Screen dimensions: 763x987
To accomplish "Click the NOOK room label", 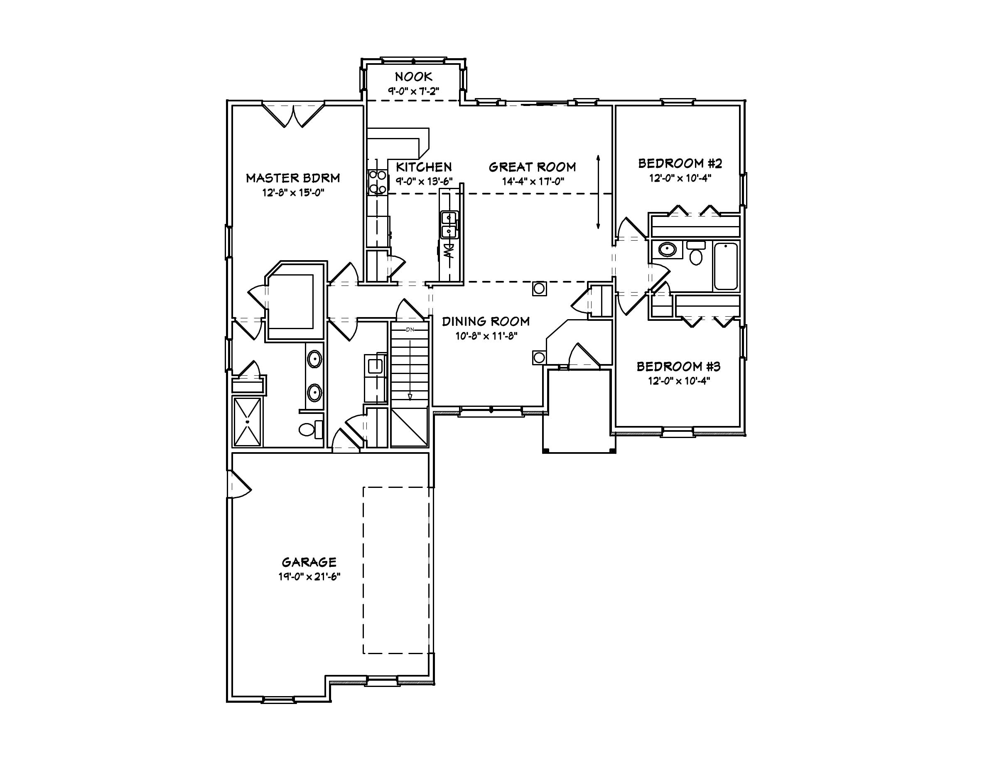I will pyautogui.click(x=413, y=77).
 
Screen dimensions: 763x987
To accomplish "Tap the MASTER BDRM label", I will pyautogui.click(x=293, y=178).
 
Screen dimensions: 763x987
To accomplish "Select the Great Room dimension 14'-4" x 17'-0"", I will pyautogui.click(x=533, y=182).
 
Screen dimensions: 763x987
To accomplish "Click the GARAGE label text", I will pyautogui.click(x=309, y=562).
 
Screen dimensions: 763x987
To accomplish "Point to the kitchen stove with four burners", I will pyautogui.click(x=377, y=182).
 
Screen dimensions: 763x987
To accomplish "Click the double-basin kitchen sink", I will pyautogui.click(x=449, y=225).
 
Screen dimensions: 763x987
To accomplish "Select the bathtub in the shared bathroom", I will pyautogui.click(x=725, y=266).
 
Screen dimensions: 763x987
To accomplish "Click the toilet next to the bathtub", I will pyautogui.click(x=696, y=254).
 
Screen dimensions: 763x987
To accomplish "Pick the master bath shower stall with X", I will pyautogui.click(x=247, y=422).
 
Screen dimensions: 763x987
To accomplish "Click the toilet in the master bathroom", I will pyautogui.click(x=310, y=428).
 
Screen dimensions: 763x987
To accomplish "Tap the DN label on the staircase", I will pyautogui.click(x=410, y=330).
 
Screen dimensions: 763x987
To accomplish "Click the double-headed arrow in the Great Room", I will pyautogui.click(x=598, y=192).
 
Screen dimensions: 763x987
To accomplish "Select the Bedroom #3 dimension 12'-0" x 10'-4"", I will pyautogui.click(x=679, y=381).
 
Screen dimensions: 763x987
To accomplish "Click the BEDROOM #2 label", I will pyautogui.click(x=680, y=163).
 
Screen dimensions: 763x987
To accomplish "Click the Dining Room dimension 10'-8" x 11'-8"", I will pyautogui.click(x=486, y=336).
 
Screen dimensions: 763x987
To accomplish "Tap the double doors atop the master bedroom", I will pyautogui.click(x=293, y=115).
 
